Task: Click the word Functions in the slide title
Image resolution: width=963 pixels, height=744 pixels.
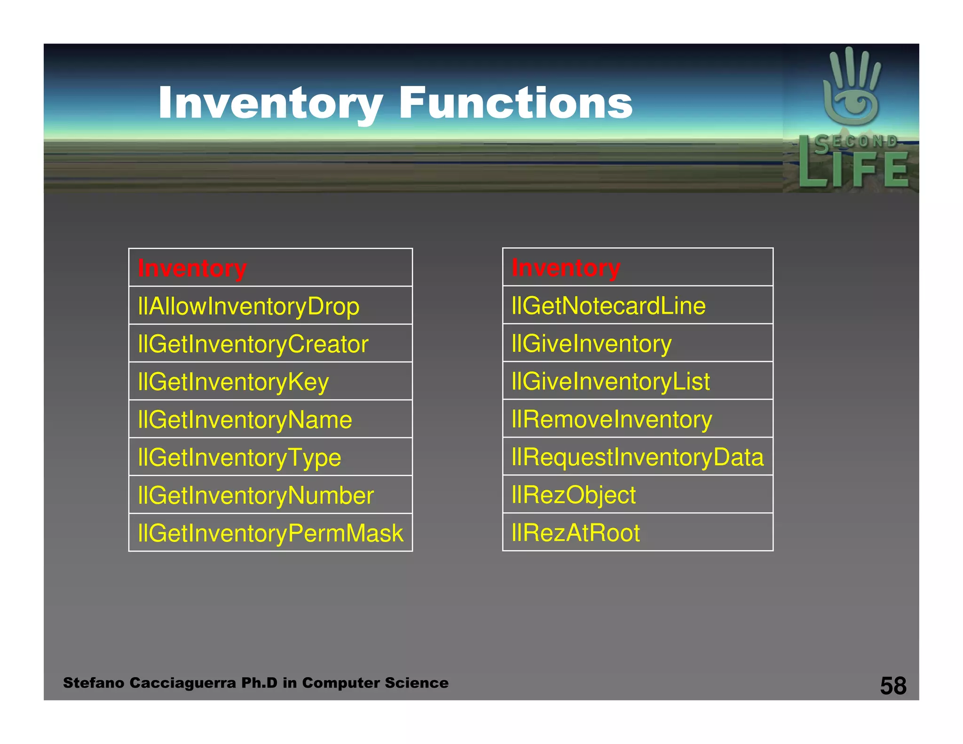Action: click(x=515, y=103)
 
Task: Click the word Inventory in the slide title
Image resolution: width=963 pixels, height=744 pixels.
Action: click(x=270, y=103)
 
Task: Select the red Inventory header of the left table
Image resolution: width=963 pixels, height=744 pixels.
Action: click(x=192, y=269)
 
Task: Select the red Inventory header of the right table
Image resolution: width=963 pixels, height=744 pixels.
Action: click(x=566, y=268)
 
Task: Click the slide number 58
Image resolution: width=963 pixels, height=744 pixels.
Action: click(x=893, y=686)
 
